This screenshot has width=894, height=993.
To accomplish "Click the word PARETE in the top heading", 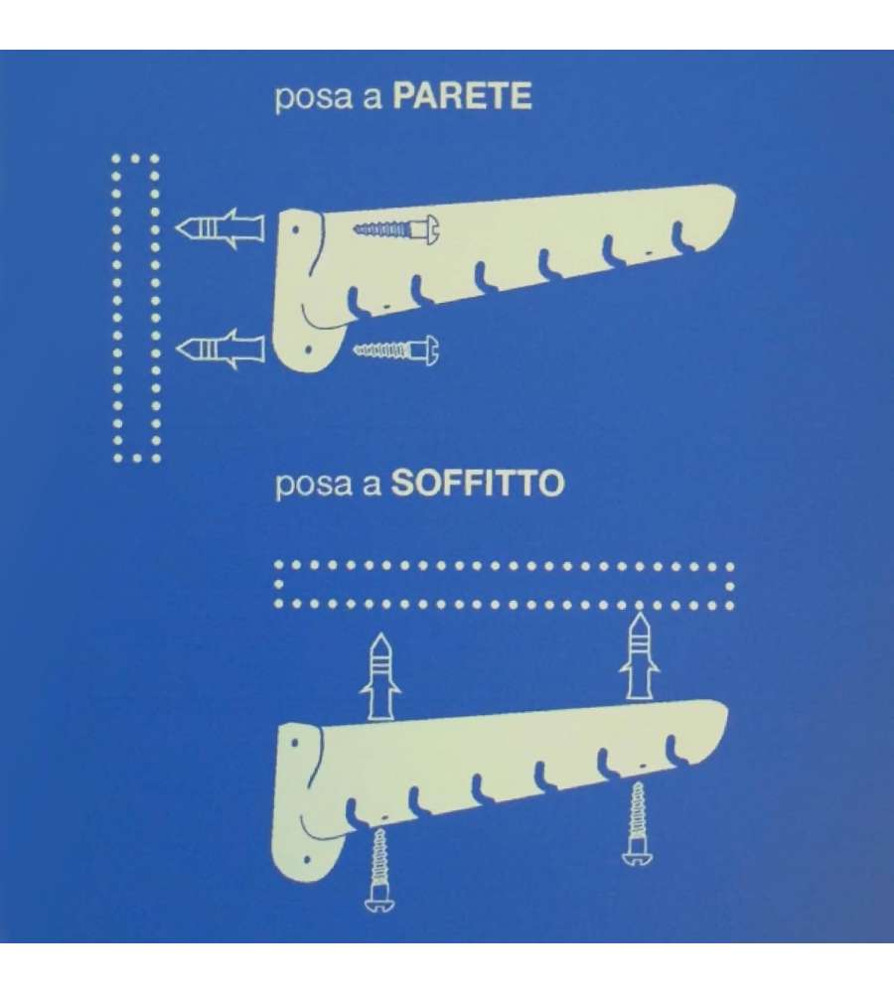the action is click(462, 96).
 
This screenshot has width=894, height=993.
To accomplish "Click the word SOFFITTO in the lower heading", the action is click(477, 484).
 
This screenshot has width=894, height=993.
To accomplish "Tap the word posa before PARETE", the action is click(313, 99).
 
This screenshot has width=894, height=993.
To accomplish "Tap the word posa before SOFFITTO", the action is click(313, 487).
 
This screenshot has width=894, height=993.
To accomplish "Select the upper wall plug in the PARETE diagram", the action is click(220, 228).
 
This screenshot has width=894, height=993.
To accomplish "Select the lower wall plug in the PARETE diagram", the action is click(220, 349).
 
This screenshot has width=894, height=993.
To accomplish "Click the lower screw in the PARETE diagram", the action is click(396, 349).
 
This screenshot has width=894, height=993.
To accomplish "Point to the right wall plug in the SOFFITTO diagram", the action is click(640, 655).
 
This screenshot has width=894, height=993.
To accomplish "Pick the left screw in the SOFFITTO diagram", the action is click(379, 870).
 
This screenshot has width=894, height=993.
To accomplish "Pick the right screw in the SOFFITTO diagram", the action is click(638, 823).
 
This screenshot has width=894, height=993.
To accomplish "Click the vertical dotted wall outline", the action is click(116, 308).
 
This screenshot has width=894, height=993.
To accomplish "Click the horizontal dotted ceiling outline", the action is click(504, 566).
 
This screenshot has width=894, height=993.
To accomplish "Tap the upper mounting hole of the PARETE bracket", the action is click(295, 230).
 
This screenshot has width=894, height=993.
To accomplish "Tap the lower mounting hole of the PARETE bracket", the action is click(309, 349).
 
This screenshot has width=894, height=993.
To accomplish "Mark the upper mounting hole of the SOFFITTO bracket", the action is click(295, 742).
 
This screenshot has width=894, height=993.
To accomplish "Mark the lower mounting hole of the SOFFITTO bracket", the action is click(307, 860).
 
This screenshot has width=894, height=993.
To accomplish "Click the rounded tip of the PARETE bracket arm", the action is click(730, 202).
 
